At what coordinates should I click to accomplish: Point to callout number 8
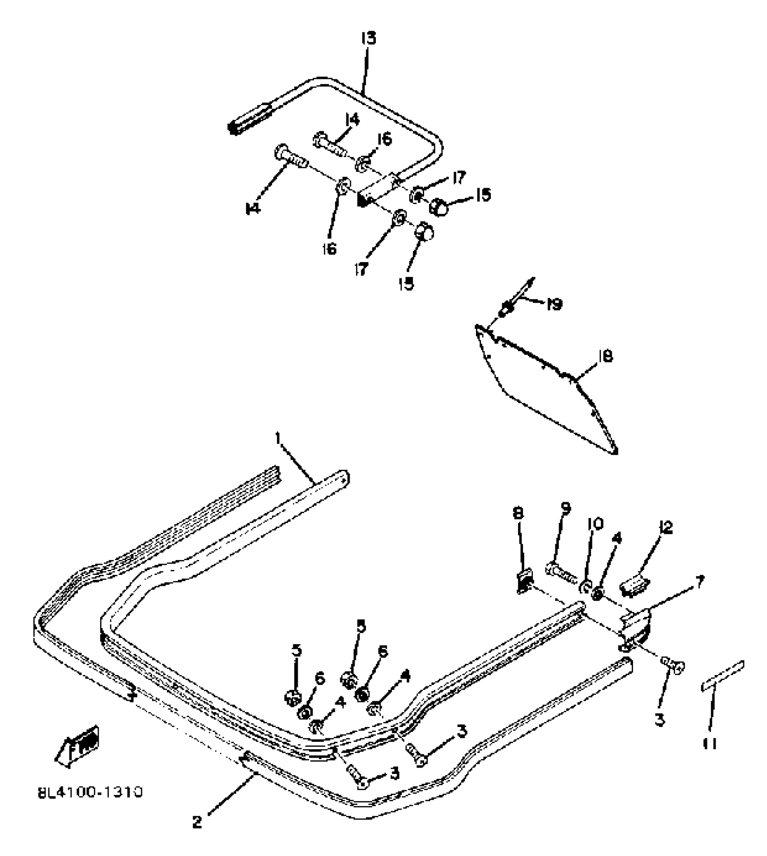tap(518, 513)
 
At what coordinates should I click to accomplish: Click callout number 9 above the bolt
tap(566, 509)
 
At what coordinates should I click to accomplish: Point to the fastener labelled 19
tap(506, 310)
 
